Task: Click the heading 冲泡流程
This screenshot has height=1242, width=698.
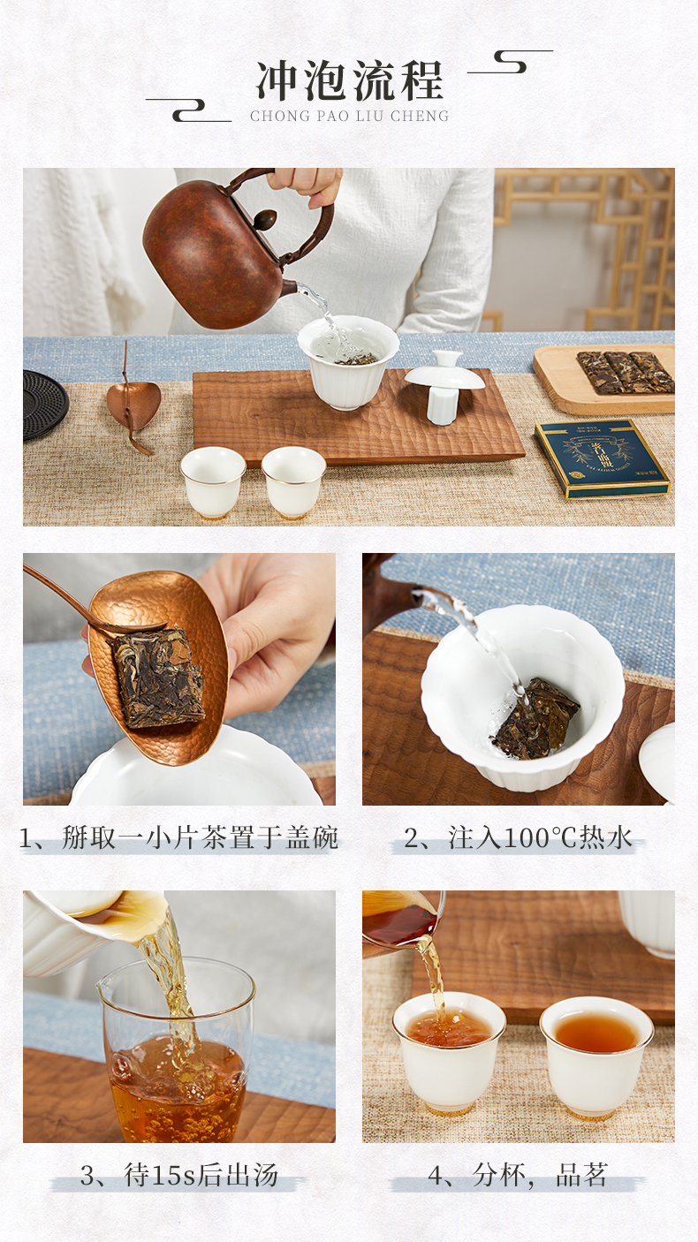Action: click(x=350, y=80)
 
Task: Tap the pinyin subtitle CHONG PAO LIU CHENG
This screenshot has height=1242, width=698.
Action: click(x=349, y=116)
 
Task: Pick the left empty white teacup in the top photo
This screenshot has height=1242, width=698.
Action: click(x=213, y=482)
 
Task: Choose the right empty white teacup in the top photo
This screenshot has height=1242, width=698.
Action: click(x=294, y=482)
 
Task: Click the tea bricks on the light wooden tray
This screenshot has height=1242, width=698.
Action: click(x=626, y=373)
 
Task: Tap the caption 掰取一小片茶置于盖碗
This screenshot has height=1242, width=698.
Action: click(x=178, y=837)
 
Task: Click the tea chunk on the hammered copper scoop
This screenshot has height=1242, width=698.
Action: click(x=158, y=680)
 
